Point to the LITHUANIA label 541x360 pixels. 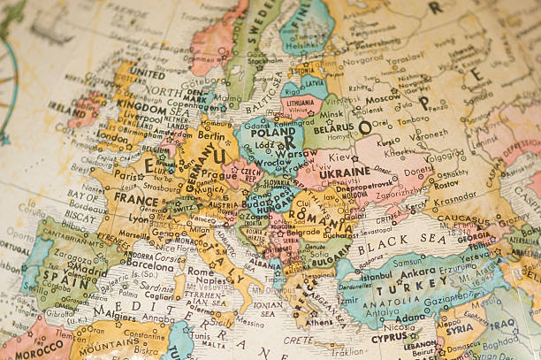[301, 103]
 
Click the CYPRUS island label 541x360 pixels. [389, 337]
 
